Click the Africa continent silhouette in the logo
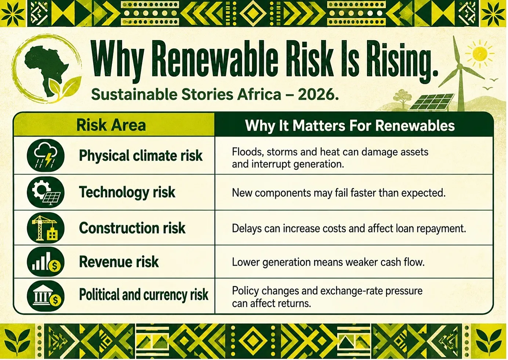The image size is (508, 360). point(46,68)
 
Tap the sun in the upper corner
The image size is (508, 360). point(480,54)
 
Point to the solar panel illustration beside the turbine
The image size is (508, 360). point(431,101)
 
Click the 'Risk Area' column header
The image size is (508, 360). point(111,125)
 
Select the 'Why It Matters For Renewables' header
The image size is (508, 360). point(350,125)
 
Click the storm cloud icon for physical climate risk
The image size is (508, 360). point(46,156)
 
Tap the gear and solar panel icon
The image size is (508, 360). point(46,192)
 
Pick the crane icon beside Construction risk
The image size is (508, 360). point(46,228)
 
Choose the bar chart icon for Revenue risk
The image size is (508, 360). point(46,262)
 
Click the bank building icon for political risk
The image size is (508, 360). point(46,296)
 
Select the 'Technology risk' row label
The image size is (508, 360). point(127,192)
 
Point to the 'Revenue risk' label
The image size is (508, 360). point(119,262)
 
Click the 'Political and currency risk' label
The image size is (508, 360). point(144,295)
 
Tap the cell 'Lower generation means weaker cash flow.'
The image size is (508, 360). point(328,262)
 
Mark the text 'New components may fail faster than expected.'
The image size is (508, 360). point(338,193)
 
